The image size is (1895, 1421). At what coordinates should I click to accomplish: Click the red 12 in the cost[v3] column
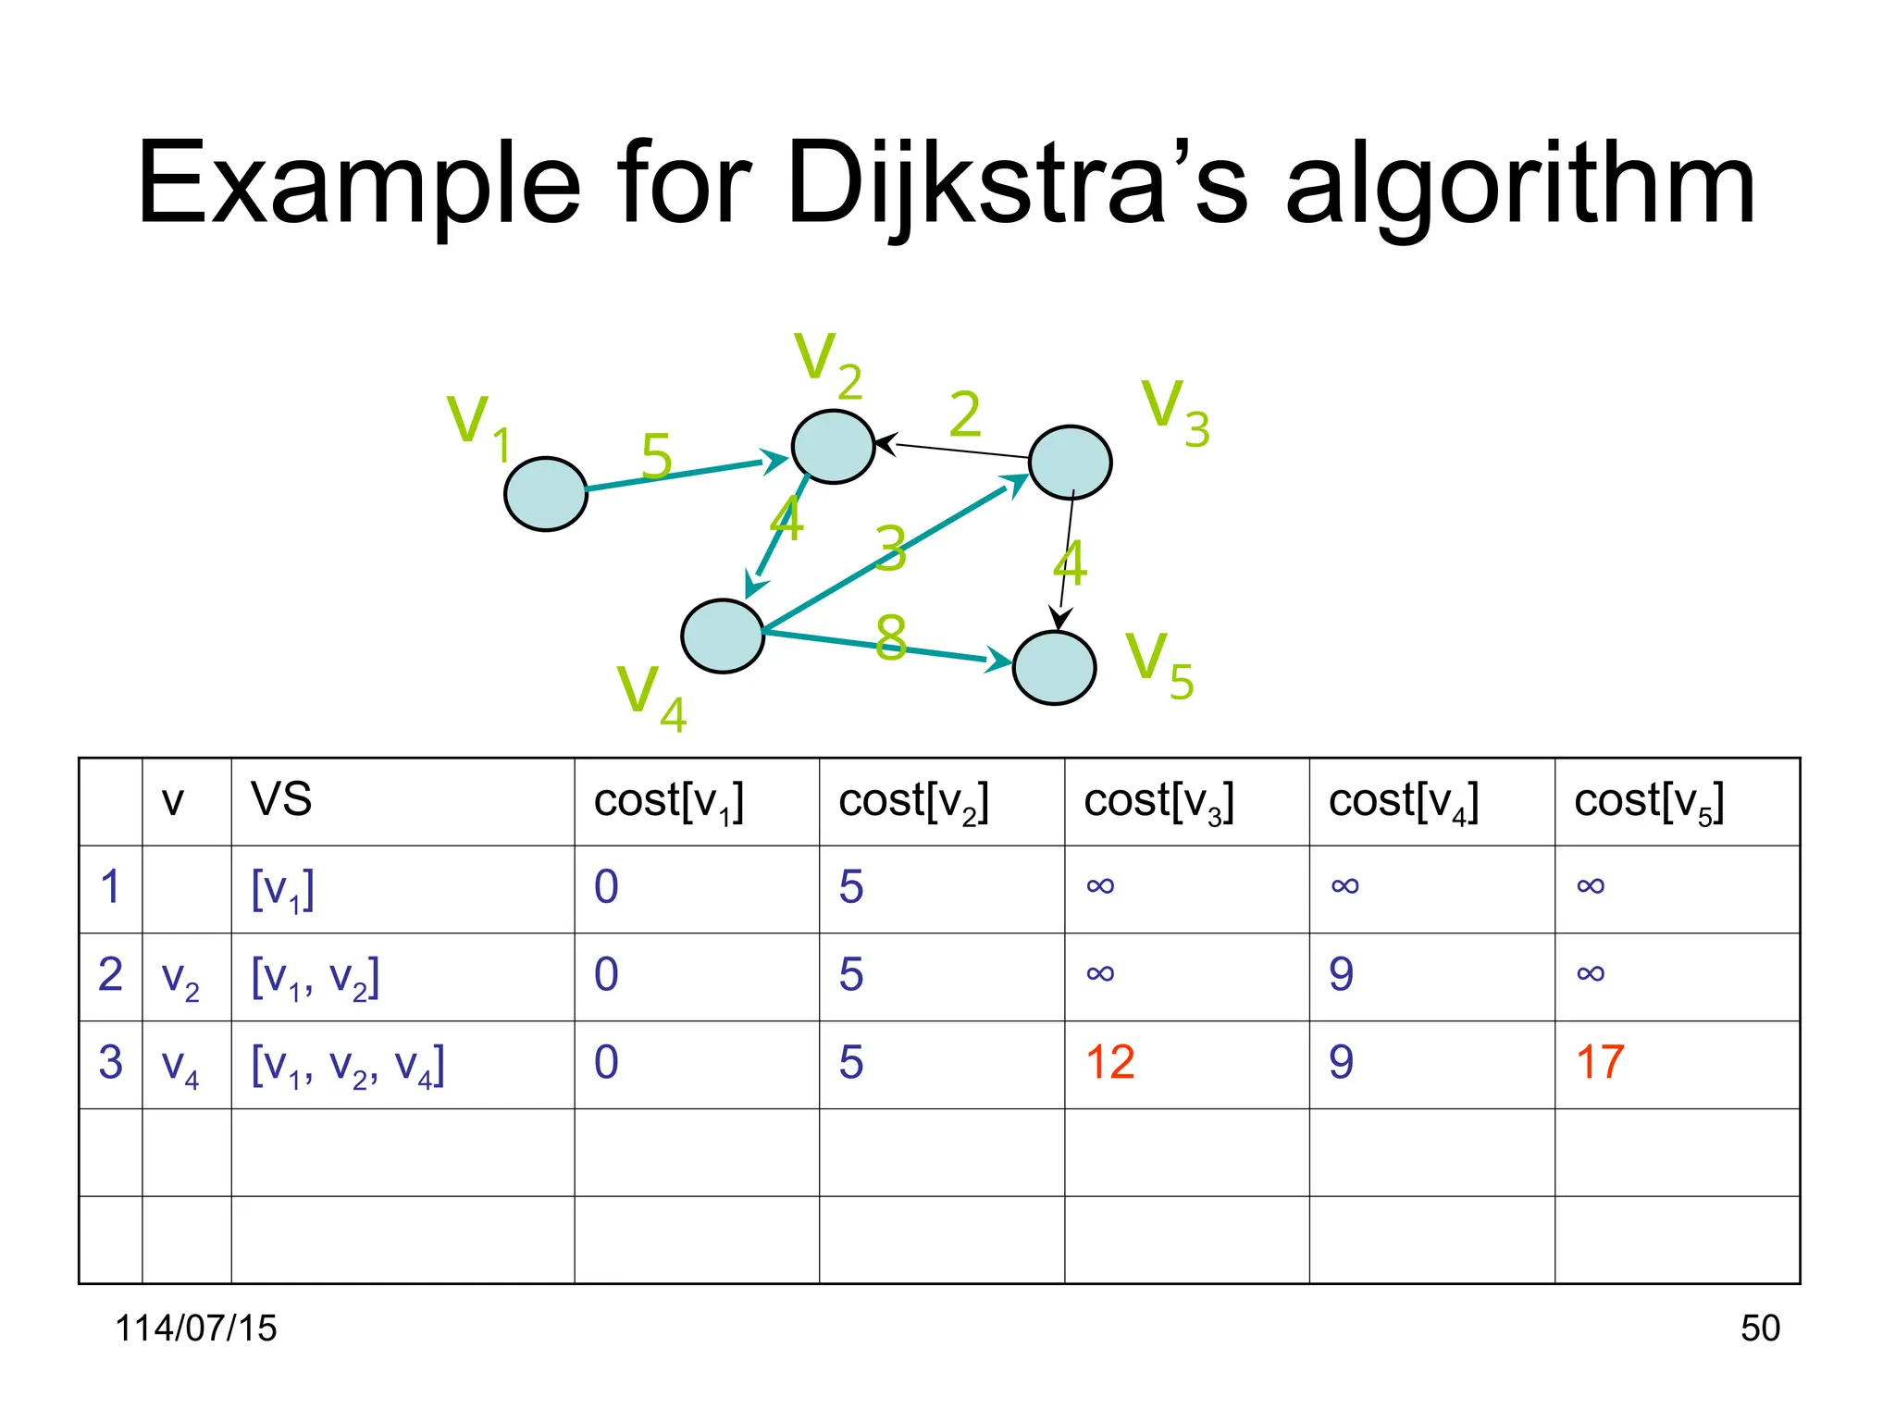tap(1109, 1062)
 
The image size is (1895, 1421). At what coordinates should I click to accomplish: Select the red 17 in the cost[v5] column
tap(1600, 1062)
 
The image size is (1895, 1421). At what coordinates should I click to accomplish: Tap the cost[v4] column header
tap(1403, 801)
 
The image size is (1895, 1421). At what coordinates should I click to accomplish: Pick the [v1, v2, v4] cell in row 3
tap(348, 1066)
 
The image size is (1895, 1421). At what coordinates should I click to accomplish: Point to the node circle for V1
tap(546, 494)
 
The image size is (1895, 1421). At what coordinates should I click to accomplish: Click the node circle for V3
tap(1071, 463)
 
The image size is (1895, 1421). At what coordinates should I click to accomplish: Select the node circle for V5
tap(1055, 668)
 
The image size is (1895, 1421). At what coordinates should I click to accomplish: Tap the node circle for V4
tap(723, 636)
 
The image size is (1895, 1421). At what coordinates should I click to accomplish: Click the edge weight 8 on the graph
tap(890, 637)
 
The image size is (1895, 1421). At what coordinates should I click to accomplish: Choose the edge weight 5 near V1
tap(656, 456)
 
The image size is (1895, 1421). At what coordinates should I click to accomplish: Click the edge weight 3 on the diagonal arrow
tap(891, 548)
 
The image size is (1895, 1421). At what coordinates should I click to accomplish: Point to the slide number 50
tap(1759, 1328)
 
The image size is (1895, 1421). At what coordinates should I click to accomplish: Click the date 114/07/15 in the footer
tap(196, 1328)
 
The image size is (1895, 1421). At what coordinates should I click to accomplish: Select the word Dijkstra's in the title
tap(1018, 185)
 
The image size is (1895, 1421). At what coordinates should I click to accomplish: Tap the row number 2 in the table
tap(110, 974)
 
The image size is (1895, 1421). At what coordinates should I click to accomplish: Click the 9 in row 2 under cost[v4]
tap(1341, 975)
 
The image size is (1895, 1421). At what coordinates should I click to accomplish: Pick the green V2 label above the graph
tap(827, 364)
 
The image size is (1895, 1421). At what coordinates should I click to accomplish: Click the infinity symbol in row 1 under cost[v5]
tap(1590, 886)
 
